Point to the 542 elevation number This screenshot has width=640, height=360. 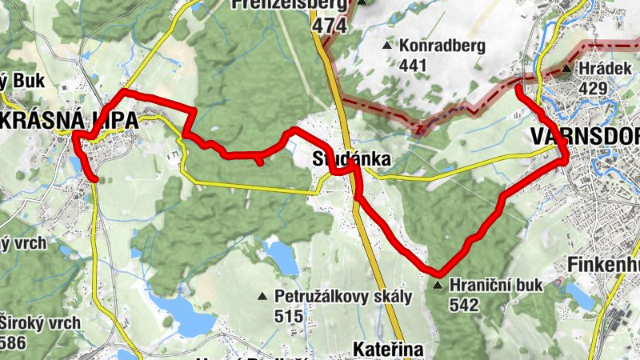point(464,304)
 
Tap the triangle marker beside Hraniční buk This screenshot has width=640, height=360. point(437,285)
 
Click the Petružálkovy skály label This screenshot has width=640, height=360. point(343,297)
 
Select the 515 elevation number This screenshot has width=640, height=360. point(288,316)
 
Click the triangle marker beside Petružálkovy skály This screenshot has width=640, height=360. point(261,297)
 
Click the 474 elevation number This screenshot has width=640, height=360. point(330,26)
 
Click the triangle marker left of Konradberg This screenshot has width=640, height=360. point(388,46)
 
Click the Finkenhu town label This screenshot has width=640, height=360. point(605,264)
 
